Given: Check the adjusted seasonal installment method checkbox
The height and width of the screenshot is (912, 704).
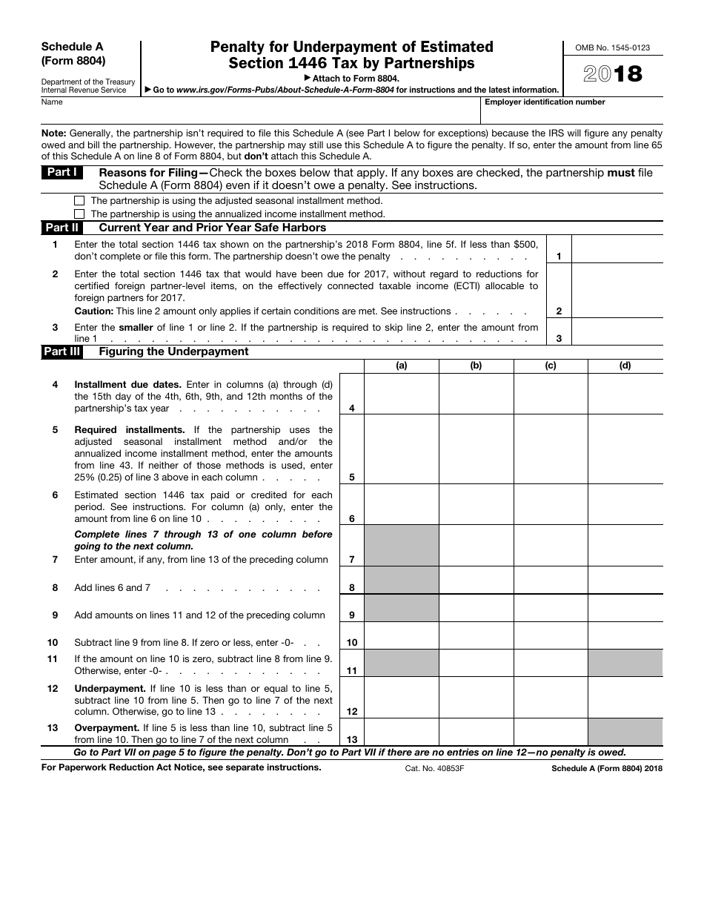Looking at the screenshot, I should tap(79, 201).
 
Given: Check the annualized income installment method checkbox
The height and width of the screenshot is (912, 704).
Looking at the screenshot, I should tap(79, 214).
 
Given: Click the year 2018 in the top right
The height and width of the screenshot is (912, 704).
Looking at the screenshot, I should tap(613, 74).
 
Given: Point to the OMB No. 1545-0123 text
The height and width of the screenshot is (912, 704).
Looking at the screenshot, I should tap(613, 47).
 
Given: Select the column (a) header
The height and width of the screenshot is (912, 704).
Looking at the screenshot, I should tap(402, 366).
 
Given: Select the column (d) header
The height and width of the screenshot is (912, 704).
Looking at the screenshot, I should tap(625, 366).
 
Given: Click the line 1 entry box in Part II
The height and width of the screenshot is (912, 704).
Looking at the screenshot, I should tap(617, 250).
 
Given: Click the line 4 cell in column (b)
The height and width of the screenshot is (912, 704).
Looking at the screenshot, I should tap(476, 394).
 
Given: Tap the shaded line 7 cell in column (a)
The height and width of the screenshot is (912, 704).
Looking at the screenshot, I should tap(402, 545).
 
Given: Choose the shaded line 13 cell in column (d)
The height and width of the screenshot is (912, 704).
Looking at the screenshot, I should tap(625, 732).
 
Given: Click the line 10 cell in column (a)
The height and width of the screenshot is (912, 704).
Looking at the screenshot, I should tap(402, 635).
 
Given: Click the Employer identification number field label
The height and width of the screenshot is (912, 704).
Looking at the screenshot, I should tap(545, 102).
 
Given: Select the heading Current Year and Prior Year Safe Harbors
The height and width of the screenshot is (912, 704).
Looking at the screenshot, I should tap(213, 228).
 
